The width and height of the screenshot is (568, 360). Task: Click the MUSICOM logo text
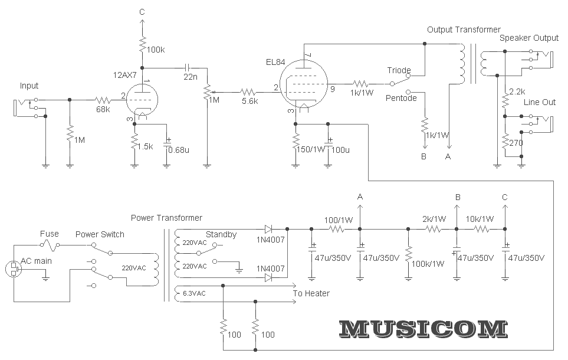(423, 329)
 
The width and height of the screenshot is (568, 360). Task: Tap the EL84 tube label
(276, 61)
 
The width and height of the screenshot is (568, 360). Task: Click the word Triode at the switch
(399, 70)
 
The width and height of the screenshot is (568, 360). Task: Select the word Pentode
(401, 97)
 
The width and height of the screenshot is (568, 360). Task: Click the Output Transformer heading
(464, 30)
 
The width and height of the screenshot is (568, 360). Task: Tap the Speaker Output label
(528, 38)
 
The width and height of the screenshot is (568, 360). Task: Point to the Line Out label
(540, 102)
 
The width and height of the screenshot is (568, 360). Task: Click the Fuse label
(50, 234)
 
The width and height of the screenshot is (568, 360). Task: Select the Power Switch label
(100, 234)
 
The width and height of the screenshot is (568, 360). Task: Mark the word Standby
(221, 234)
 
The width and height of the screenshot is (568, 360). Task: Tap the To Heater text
(311, 293)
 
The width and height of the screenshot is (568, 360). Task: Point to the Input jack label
(29, 86)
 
